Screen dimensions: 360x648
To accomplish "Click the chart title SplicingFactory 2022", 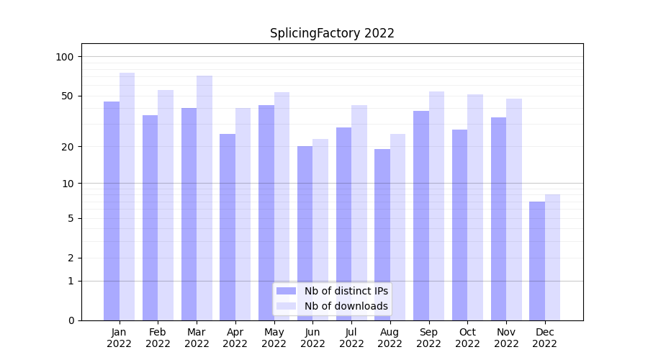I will (332, 33).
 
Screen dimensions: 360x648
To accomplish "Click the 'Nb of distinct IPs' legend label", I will (346, 291).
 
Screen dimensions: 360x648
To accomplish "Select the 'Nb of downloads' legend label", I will (346, 306).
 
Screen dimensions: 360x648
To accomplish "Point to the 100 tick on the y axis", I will (65, 57).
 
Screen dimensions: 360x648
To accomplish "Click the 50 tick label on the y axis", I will (67, 96).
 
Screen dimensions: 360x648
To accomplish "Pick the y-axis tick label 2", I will (71, 258).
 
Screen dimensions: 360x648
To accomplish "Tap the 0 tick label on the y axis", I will (71, 320).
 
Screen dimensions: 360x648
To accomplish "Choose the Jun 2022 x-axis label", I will (312, 338).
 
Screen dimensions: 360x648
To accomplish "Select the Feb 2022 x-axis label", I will (158, 338).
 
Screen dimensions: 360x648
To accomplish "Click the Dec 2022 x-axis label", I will (544, 338).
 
